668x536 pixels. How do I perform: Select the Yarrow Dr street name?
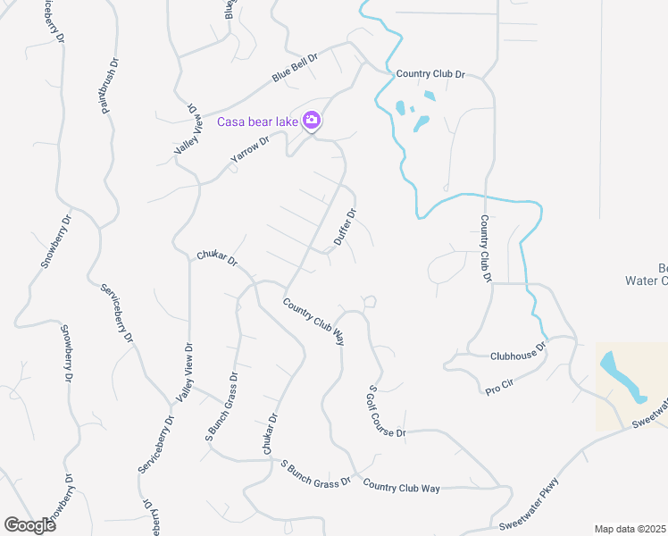click(249, 147)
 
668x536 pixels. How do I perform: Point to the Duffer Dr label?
click(346, 227)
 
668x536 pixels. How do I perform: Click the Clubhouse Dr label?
click(517, 351)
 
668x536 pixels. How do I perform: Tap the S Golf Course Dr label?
click(386, 413)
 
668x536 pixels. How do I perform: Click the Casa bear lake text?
click(258, 121)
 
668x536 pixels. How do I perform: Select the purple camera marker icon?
click(312, 120)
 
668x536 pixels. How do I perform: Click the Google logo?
click(30, 524)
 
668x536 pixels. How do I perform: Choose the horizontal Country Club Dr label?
click(430, 74)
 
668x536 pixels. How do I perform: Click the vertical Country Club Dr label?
click(486, 248)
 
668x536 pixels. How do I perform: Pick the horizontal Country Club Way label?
click(402, 488)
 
